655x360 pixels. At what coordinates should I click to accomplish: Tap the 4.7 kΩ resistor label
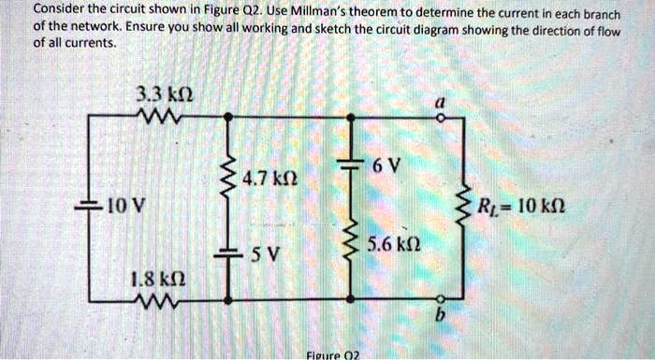click(x=269, y=177)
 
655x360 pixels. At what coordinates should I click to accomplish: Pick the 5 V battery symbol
click(x=227, y=254)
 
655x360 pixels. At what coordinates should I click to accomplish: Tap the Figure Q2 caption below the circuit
click(x=332, y=354)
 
